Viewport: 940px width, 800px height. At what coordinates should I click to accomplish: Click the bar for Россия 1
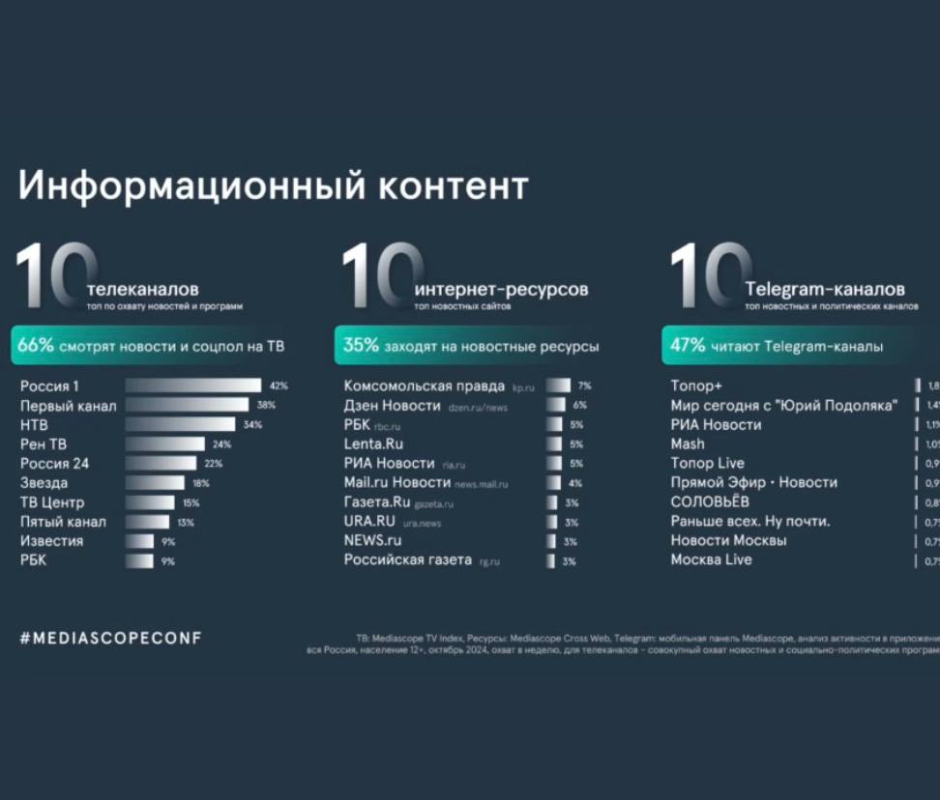(192, 386)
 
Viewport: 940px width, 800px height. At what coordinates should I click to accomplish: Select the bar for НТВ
(180, 424)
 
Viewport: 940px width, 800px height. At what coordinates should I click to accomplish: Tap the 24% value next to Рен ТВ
(221, 444)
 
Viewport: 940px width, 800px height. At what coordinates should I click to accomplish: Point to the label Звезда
(44, 482)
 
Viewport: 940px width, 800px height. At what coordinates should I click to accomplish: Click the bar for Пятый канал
(147, 522)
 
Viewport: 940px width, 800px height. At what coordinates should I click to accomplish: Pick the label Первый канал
(68, 405)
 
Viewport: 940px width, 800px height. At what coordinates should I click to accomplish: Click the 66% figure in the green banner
(36, 345)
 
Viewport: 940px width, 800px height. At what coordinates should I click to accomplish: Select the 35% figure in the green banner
(362, 345)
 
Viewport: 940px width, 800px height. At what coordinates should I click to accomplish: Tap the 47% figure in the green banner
(689, 345)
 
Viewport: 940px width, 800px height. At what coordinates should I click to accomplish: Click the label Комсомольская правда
(425, 386)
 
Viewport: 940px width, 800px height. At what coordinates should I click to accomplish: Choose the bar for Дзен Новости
(555, 405)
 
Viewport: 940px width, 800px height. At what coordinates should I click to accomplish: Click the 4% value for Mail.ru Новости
(575, 483)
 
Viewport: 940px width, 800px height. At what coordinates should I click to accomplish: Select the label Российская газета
(408, 559)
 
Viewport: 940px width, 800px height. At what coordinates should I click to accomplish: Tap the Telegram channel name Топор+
(696, 386)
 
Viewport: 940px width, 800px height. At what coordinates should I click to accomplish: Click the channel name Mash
(688, 443)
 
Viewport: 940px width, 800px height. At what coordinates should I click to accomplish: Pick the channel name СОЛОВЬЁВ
(710, 501)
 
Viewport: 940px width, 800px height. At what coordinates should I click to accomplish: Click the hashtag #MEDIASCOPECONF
(110, 639)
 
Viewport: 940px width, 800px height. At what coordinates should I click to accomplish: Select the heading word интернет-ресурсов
(501, 289)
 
